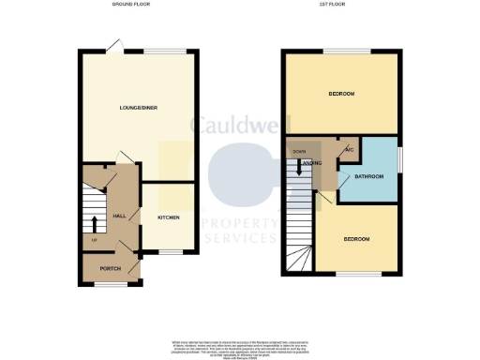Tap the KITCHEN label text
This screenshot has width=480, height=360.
pyautogui.click(x=168, y=217)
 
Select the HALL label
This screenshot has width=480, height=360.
pyautogui.click(x=120, y=217)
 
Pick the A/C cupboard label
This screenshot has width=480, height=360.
pyautogui.click(x=349, y=150)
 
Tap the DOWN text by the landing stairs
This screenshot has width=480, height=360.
pyautogui.click(x=299, y=151)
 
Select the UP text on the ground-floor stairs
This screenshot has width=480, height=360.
pyautogui.click(x=94, y=241)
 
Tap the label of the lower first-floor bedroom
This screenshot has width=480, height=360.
pyautogui.click(x=355, y=240)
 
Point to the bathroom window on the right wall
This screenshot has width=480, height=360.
pyautogui.click(x=399, y=159)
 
